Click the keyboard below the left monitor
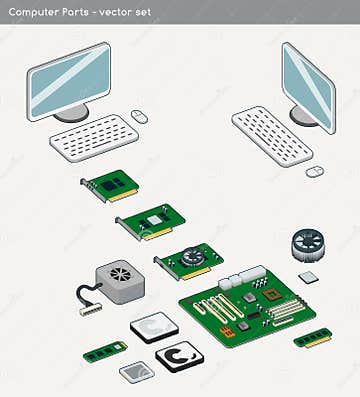point(93,136)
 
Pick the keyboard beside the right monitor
point(271,135)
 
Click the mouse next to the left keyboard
point(139,116)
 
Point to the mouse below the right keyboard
point(314,171)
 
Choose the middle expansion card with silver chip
point(152,220)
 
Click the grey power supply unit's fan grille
point(119,272)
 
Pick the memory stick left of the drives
point(104,351)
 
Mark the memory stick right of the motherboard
point(312,338)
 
